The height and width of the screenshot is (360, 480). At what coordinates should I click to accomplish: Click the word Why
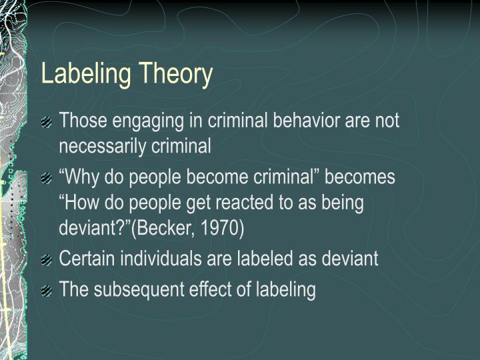83,178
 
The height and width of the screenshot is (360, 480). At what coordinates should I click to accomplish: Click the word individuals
152,259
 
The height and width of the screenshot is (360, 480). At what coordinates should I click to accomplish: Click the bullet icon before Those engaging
46,122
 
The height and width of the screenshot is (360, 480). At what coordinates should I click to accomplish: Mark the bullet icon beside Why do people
46,179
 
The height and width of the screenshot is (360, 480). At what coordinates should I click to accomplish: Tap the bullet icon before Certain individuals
46,260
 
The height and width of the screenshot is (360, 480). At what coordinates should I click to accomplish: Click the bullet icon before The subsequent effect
46,291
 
